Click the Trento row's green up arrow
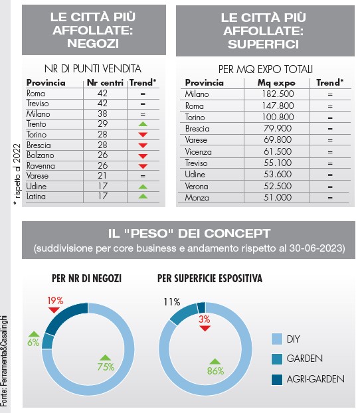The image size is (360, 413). [x=143, y=124]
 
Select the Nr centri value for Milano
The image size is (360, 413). [x=102, y=114]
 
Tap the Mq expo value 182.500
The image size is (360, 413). [x=278, y=94]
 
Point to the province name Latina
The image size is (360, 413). [x=36, y=197]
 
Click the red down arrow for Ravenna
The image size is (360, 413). [x=143, y=166]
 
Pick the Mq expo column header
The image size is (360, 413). [x=276, y=83]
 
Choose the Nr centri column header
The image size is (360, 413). [x=105, y=83]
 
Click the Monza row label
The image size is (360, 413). [x=197, y=198]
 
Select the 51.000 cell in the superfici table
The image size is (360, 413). [x=278, y=198]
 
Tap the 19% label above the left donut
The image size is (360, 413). [x=55, y=301]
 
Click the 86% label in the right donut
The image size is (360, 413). [x=215, y=371]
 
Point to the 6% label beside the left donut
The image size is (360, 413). [x=33, y=343]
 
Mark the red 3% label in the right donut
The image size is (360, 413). [x=205, y=319]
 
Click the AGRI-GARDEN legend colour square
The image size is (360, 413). [x=277, y=380]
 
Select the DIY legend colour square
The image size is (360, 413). [x=277, y=339]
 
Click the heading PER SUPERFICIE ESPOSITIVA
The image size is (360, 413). [x=210, y=278]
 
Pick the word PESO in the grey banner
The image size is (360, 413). [x=150, y=233]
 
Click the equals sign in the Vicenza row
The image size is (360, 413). [x=330, y=152]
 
